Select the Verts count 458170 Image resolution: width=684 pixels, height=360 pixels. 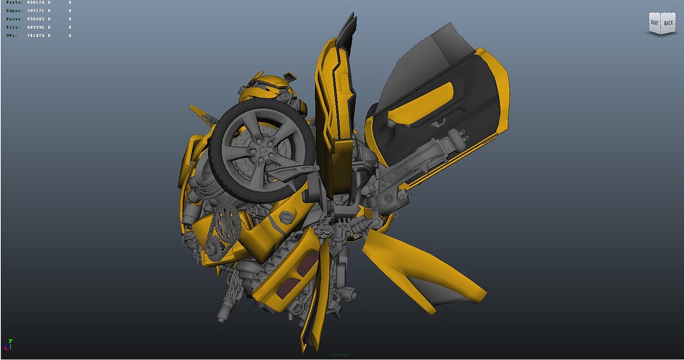pyautogui.click(x=35, y=2)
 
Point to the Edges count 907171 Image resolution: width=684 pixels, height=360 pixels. pyautogui.click(x=35, y=10)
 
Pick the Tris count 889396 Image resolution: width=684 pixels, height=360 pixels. pyautogui.click(x=35, y=27)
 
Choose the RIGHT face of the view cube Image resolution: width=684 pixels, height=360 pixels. pyautogui.click(x=655, y=22)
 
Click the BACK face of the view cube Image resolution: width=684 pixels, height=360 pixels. pyautogui.click(x=669, y=23)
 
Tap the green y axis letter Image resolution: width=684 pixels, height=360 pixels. pyautogui.click(x=10, y=341)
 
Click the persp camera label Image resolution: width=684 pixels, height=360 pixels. pyautogui.click(x=340, y=354)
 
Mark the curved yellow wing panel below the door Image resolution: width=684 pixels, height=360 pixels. pyautogui.click(x=422, y=267)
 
